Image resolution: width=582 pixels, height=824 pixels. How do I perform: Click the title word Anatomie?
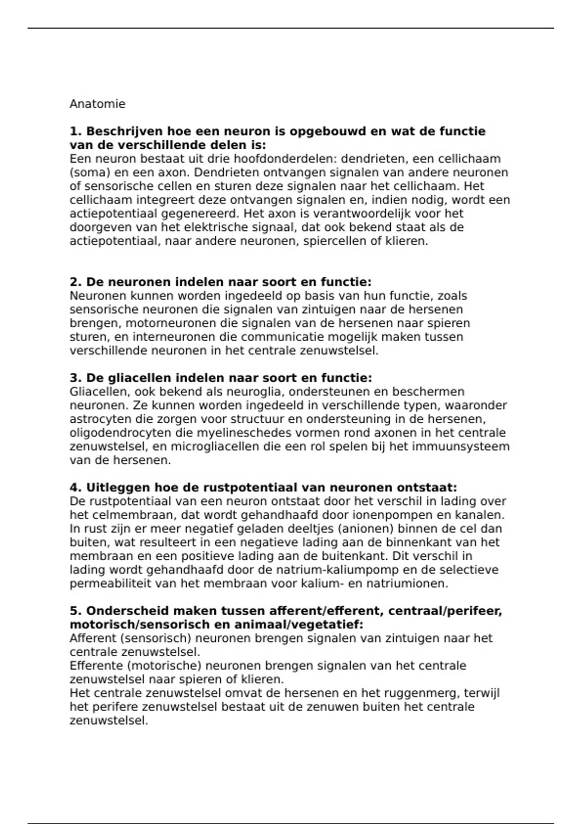tap(97, 104)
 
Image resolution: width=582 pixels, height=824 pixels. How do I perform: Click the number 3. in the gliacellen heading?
tap(76, 378)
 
